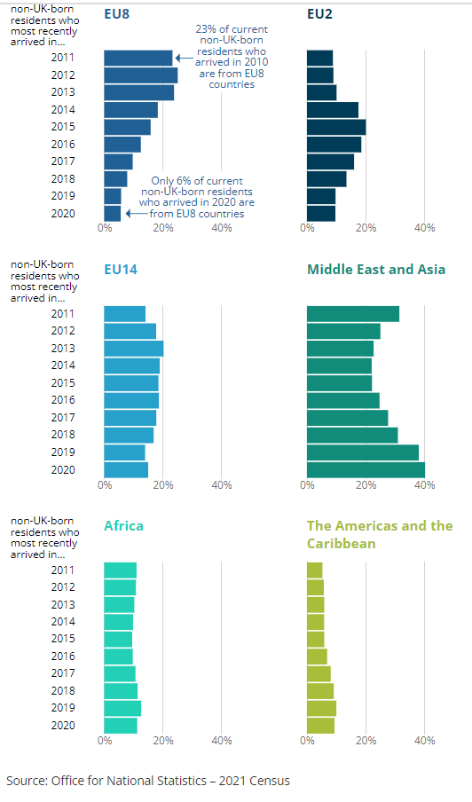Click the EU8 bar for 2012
pyautogui.click(x=140, y=75)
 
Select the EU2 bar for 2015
pyautogui.click(x=335, y=127)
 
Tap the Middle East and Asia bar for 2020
pyautogui.click(x=366, y=469)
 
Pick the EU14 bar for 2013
pyautogui.click(x=133, y=348)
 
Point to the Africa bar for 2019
pyautogui.click(x=122, y=708)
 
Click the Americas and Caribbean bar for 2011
pyautogui.click(x=314, y=570)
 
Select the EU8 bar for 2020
pyautogui.click(x=112, y=213)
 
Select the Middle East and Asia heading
pyautogui.click(x=375, y=269)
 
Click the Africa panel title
pyautogui.click(x=123, y=525)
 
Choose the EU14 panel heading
pyautogui.click(x=121, y=269)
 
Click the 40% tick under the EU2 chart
pyautogui.click(x=424, y=228)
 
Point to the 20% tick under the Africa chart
pyautogui.click(x=162, y=741)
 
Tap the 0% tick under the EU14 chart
pyautogui.click(x=105, y=484)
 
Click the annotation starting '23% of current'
pyautogui.click(x=231, y=57)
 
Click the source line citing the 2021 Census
pyautogui.click(x=147, y=781)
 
